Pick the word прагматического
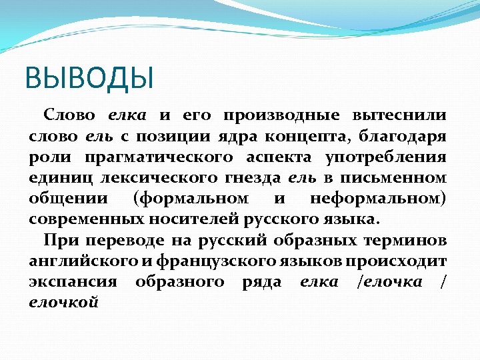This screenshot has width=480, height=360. (159, 157)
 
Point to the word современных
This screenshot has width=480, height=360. (82, 219)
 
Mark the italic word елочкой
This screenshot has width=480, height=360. (64, 302)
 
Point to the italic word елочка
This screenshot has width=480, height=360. (390, 281)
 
